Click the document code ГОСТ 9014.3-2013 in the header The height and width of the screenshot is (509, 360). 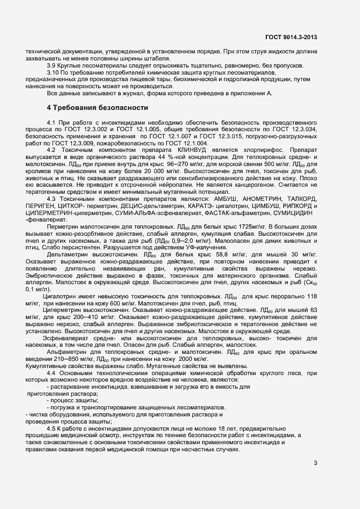click(290, 37)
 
